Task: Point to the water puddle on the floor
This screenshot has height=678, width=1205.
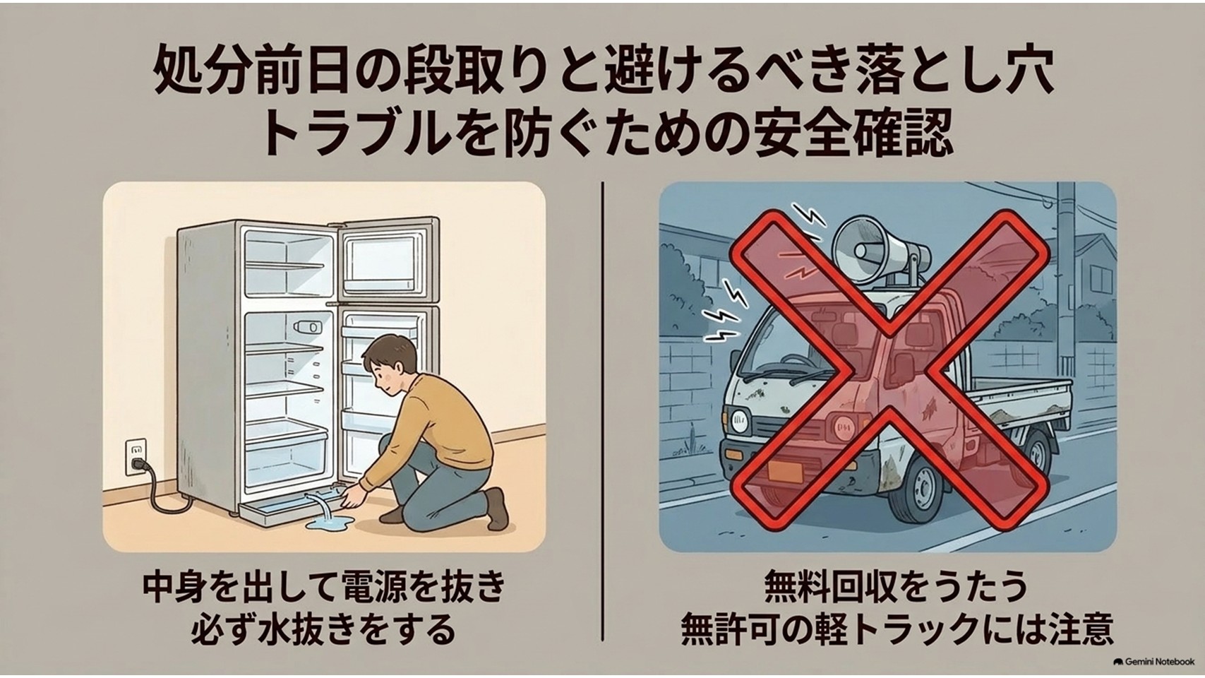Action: (x=329, y=523)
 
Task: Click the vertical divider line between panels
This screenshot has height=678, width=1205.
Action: (x=603, y=411)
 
